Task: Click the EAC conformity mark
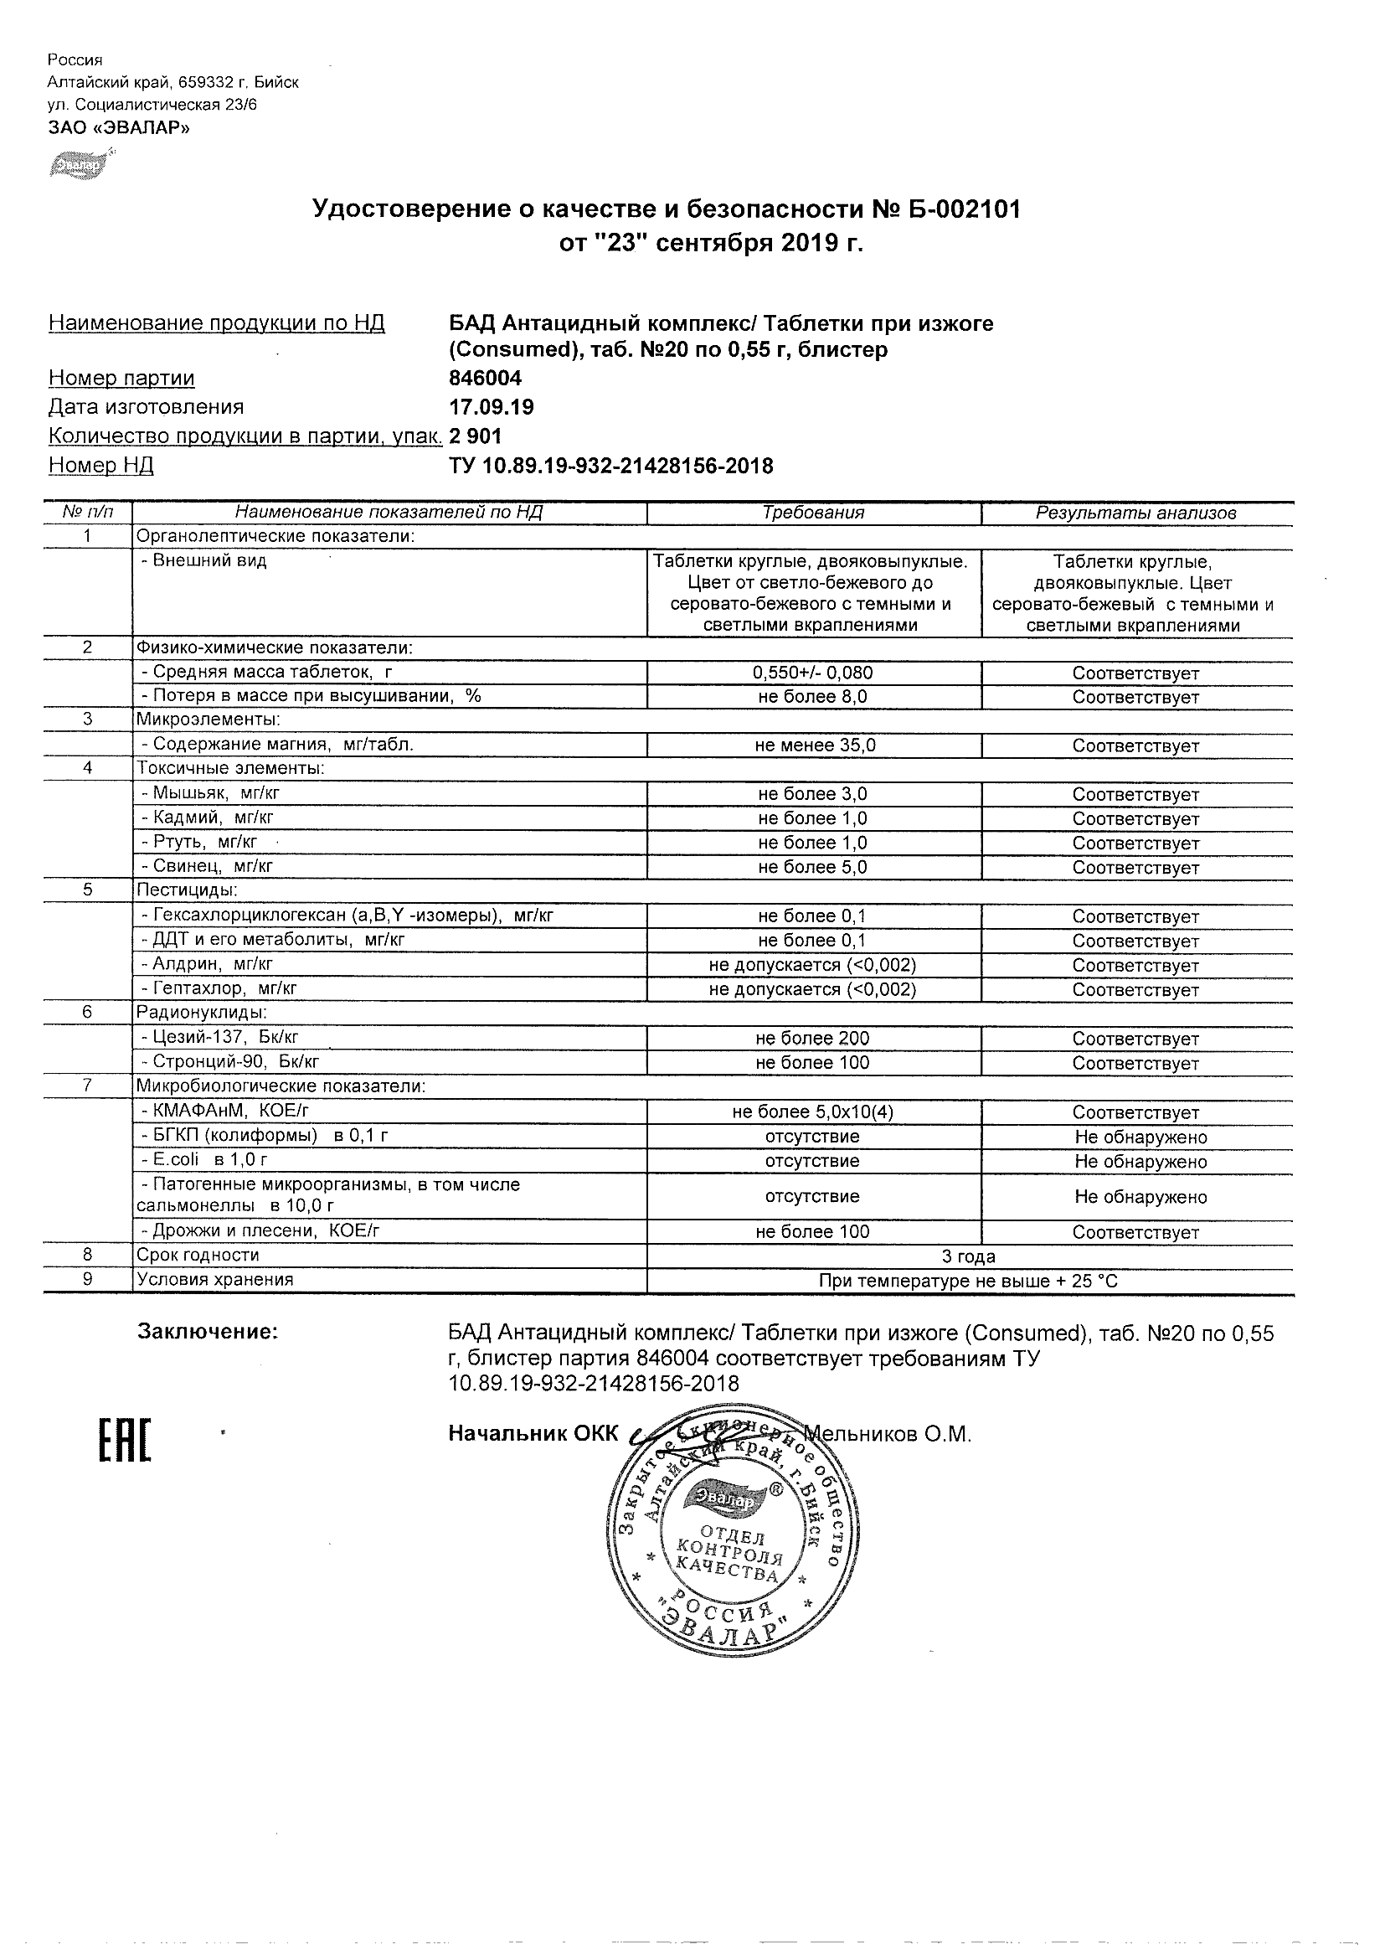click(125, 1440)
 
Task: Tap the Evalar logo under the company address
click(80, 164)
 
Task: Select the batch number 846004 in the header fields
click(485, 378)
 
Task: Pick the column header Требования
click(813, 513)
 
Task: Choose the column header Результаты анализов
click(1135, 513)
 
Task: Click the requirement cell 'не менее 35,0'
click(813, 745)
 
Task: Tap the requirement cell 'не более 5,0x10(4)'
click(813, 1112)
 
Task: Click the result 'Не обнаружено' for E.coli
click(1140, 1162)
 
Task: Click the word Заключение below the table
click(208, 1332)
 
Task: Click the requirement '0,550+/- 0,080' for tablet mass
click(813, 673)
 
